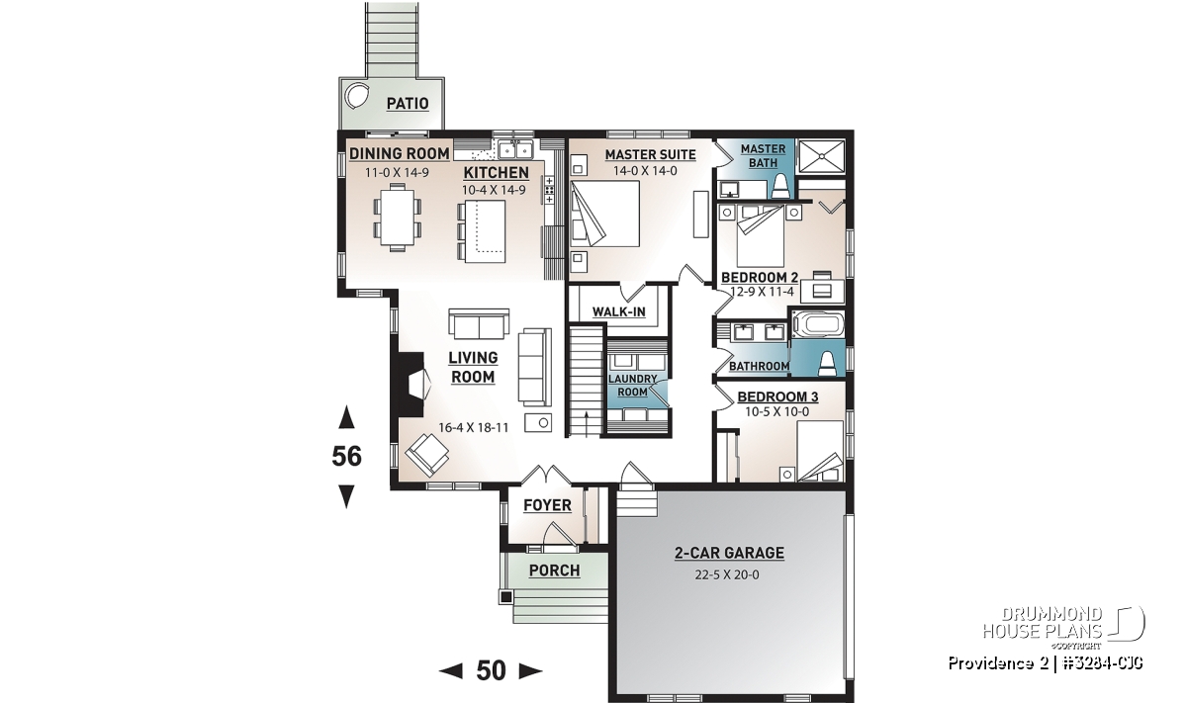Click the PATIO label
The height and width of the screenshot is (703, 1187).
[x=408, y=103]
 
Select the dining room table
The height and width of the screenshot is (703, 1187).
[x=397, y=217]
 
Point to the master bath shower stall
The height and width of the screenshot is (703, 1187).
[x=821, y=156]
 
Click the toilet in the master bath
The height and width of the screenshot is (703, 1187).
[x=781, y=187]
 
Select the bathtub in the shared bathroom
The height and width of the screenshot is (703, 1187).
[x=818, y=323]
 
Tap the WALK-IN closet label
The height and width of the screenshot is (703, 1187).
[x=619, y=311]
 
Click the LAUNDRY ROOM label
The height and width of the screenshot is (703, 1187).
[x=633, y=386]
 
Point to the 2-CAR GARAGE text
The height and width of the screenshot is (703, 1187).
[x=729, y=553]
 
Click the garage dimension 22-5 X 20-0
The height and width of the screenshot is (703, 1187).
[x=727, y=574]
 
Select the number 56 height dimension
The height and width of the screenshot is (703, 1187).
[x=346, y=456]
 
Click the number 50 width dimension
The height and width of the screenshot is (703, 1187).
[x=491, y=671]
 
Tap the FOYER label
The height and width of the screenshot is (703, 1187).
[x=547, y=505]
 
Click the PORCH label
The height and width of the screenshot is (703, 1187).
[x=554, y=571]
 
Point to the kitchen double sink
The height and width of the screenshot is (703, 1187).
[x=515, y=149]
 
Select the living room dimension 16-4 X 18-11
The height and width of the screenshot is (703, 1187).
[x=473, y=427]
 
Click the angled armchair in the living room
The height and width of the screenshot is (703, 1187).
[x=427, y=455]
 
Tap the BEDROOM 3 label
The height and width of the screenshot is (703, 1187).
[x=777, y=396]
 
